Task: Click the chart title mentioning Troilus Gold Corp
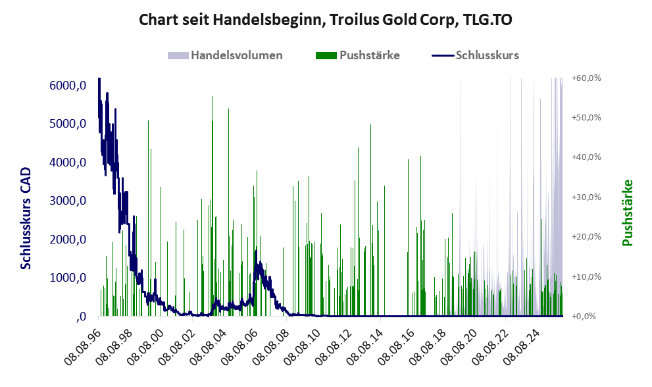click(326, 20)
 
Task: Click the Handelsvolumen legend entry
click(236, 55)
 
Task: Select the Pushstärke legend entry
click(369, 55)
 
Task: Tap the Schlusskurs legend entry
click(487, 55)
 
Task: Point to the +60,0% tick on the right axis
click(586, 78)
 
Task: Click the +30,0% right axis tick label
click(586, 197)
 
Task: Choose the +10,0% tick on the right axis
click(586, 276)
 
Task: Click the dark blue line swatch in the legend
click(442, 55)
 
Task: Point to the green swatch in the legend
click(326, 55)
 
